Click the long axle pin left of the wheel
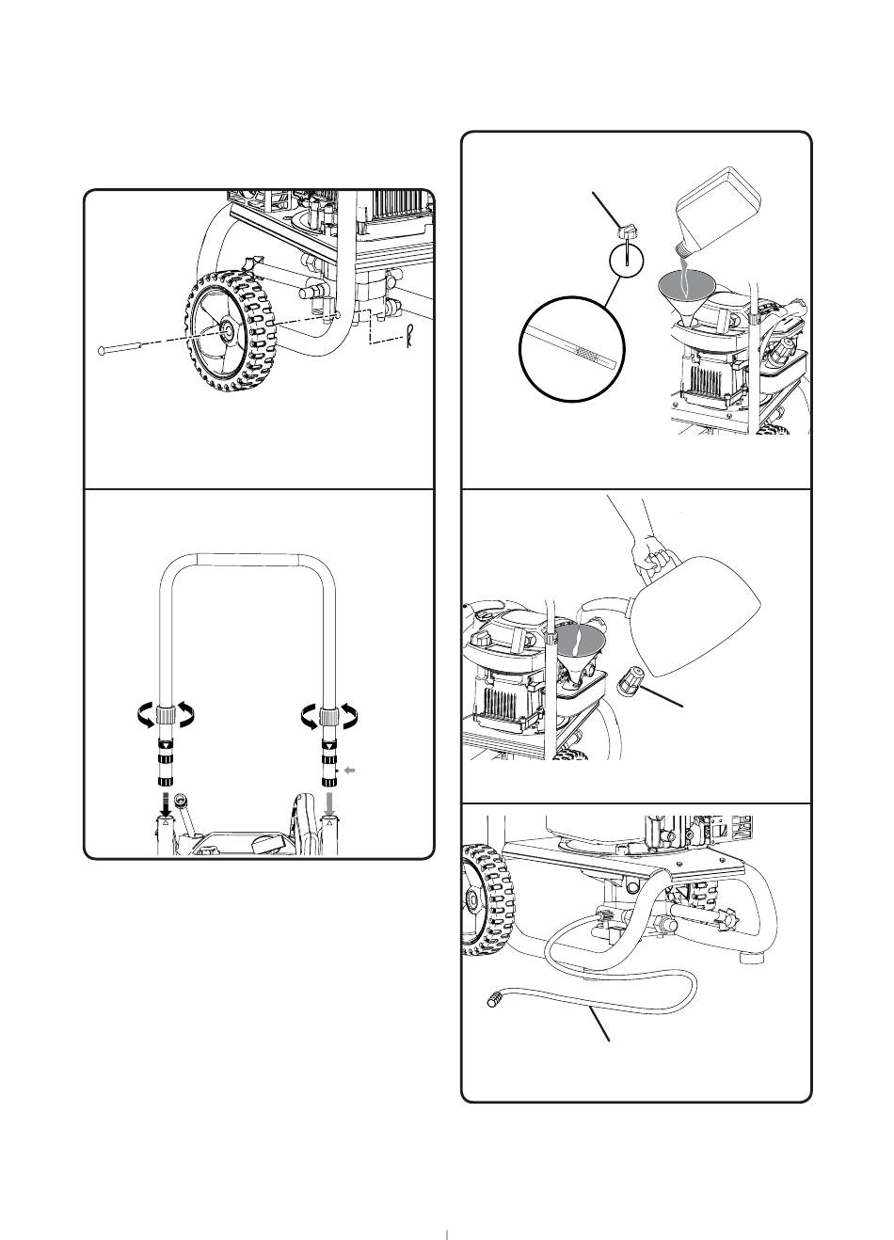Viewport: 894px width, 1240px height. [127, 349]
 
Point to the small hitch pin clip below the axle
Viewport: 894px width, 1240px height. [409, 337]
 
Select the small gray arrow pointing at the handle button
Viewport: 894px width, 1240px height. [350, 770]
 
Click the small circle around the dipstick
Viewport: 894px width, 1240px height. [627, 259]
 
